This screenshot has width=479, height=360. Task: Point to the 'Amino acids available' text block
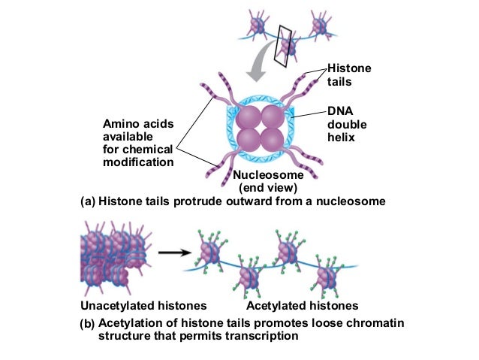coord(137,142)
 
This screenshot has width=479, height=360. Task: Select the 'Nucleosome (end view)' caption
coord(268,181)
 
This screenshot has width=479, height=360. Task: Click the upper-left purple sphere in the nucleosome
coord(250,119)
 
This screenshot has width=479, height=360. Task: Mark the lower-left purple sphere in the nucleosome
coord(250,140)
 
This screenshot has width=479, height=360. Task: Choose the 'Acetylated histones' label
coord(302,306)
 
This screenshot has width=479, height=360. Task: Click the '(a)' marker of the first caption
coord(88,201)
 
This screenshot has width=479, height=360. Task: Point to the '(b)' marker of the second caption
coord(88,325)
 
